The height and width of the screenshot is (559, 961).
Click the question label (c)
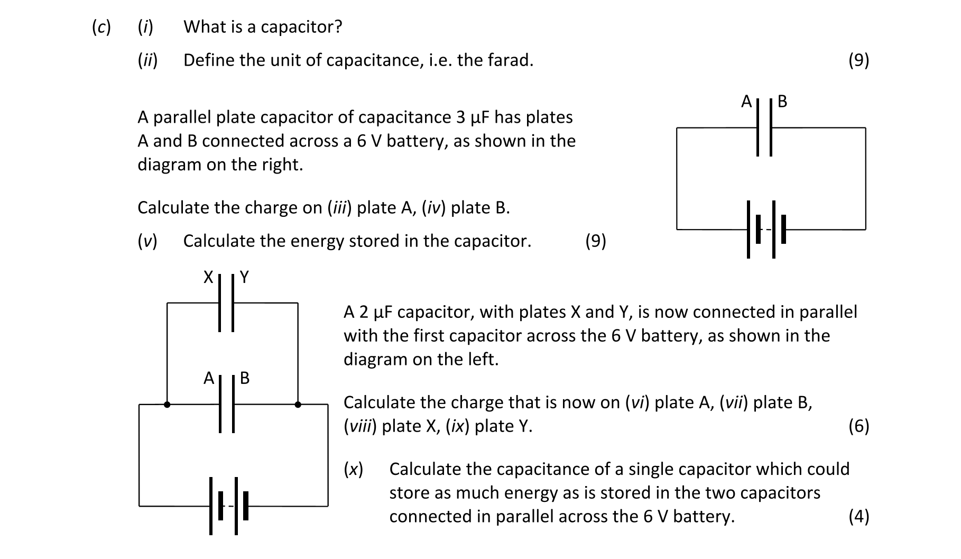point(101,27)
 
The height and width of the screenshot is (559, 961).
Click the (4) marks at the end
point(858,516)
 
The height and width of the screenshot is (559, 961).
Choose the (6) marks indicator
point(858,426)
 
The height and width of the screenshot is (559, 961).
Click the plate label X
point(208,277)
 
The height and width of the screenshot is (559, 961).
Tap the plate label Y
point(244,277)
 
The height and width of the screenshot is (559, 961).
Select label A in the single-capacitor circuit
point(746,101)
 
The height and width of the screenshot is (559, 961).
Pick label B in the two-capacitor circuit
point(244,378)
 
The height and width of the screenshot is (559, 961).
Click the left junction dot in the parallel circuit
point(167,405)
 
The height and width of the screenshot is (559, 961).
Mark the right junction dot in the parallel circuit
point(298,405)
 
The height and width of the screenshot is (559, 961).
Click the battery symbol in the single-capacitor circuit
point(766,229)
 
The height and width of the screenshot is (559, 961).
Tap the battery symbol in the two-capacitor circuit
point(229,506)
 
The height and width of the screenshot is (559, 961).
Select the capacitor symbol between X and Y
point(227,303)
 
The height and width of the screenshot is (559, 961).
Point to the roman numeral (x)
point(354,469)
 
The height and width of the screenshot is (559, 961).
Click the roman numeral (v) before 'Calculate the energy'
point(147,241)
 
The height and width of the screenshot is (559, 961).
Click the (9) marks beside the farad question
point(858,60)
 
